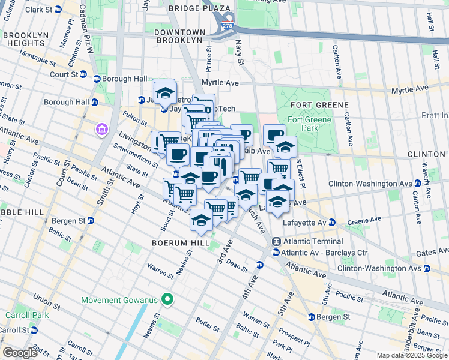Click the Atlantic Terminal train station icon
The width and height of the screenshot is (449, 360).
pyautogui.click(x=276, y=241)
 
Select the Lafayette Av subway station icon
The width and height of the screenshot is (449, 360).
pyautogui.click(x=331, y=222)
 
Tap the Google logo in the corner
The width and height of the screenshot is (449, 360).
pyautogui.click(x=20, y=352)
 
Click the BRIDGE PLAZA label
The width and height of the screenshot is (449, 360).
pyautogui.click(x=199, y=8)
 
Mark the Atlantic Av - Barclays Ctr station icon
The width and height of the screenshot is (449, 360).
pyautogui.click(x=276, y=252)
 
